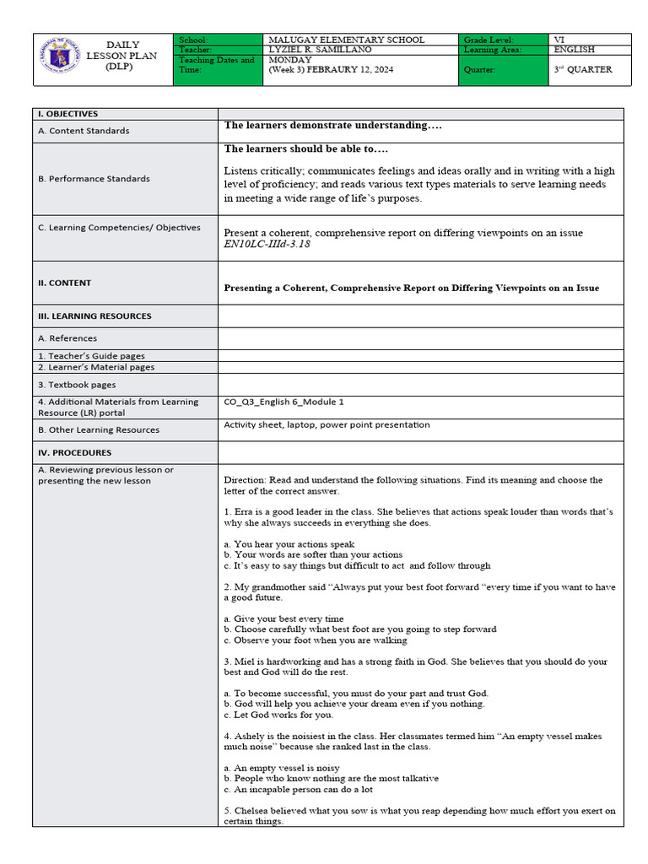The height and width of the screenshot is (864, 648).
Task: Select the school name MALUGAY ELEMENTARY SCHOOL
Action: (x=346, y=40)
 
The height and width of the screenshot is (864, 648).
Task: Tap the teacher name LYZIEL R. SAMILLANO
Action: (x=320, y=50)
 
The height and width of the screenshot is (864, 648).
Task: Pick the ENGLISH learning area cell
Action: (x=575, y=50)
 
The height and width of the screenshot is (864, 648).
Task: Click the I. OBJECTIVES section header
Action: (x=67, y=113)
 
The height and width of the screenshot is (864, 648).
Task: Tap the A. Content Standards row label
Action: (x=84, y=131)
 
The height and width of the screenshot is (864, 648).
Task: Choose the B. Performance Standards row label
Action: (x=94, y=179)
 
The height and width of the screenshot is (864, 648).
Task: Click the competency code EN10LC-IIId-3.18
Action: (x=272, y=245)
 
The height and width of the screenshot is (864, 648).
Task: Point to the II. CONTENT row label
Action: (x=64, y=283)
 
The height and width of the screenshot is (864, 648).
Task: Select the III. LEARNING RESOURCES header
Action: (x=94, y=316)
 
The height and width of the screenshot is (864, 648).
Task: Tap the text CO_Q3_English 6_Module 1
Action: (x=283, y=402)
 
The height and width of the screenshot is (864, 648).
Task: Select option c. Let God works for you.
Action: (x=268, y=715)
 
